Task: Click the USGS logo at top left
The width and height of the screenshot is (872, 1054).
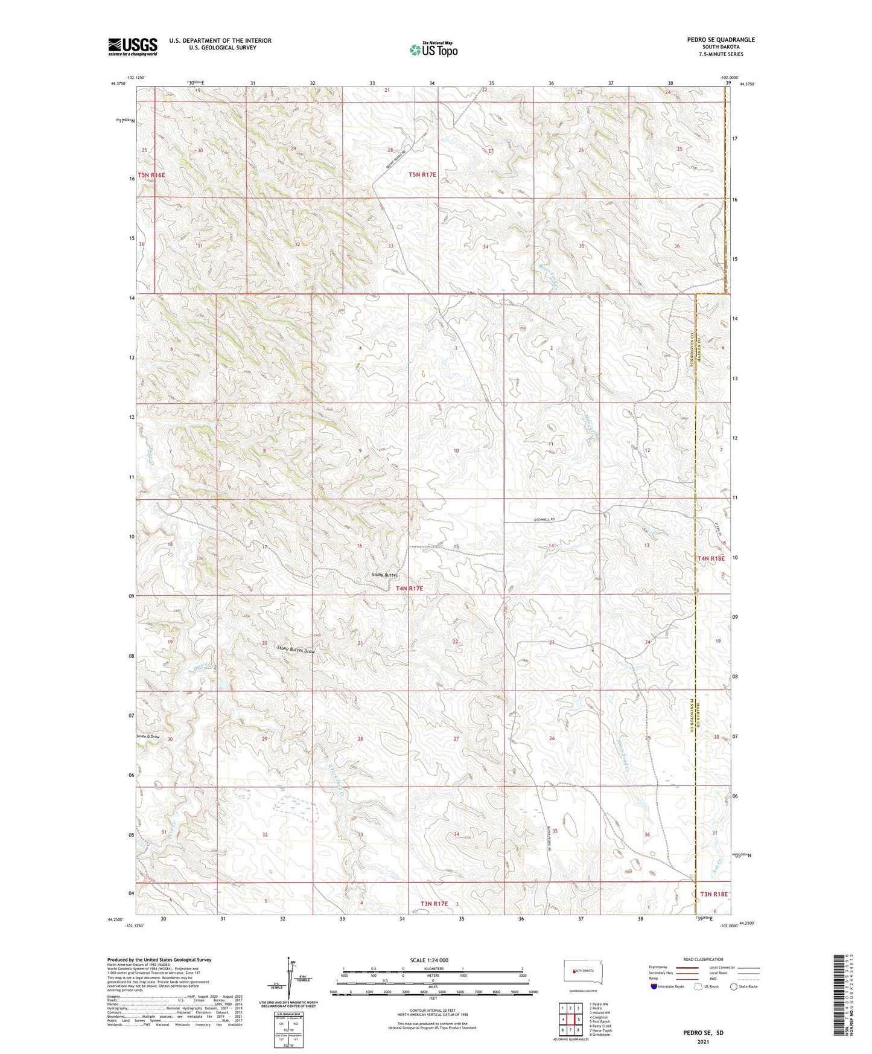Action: click(132, 46)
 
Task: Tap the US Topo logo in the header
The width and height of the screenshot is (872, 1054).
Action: click(433, 50)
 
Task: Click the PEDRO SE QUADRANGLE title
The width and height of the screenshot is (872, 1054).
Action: click(721, 40)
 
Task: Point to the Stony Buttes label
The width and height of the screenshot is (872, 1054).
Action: click(385, 575)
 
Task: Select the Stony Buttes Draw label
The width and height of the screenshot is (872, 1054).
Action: click(296, 650)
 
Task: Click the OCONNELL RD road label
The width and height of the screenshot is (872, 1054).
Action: click(552, 520)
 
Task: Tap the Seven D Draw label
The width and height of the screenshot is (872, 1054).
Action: click(147, 736)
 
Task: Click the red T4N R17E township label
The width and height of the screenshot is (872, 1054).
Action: click(409, 588)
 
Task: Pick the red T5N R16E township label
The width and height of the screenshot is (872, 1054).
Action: click(151, 175)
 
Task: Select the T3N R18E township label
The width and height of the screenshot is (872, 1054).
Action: click(713, 894)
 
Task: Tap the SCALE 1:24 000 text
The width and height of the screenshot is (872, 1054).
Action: click(429, 960)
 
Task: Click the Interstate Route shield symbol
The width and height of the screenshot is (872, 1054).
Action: click(654, 986)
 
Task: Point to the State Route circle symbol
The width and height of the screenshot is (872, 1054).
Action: click(734, 986)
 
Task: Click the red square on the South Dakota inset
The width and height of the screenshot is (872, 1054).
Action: click(573, 971)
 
